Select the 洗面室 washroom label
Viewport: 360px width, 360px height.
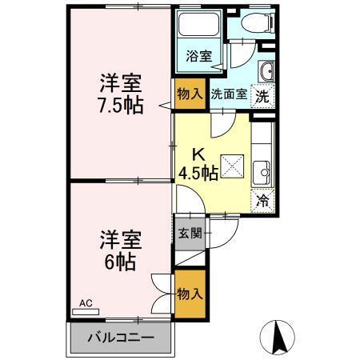tap(228, 94)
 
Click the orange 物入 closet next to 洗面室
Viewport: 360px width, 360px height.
tap(189, 94)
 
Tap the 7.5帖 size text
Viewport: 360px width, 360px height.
tap(122, 106)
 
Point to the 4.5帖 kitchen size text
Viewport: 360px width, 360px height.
tap(198, 173)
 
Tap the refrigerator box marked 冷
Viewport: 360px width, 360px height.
tap(262, 200)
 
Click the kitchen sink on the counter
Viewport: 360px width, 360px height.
tap(262, 170)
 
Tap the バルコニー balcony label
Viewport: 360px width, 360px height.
tap(120, 337)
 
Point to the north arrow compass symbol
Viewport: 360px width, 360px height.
tap(279, 335)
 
